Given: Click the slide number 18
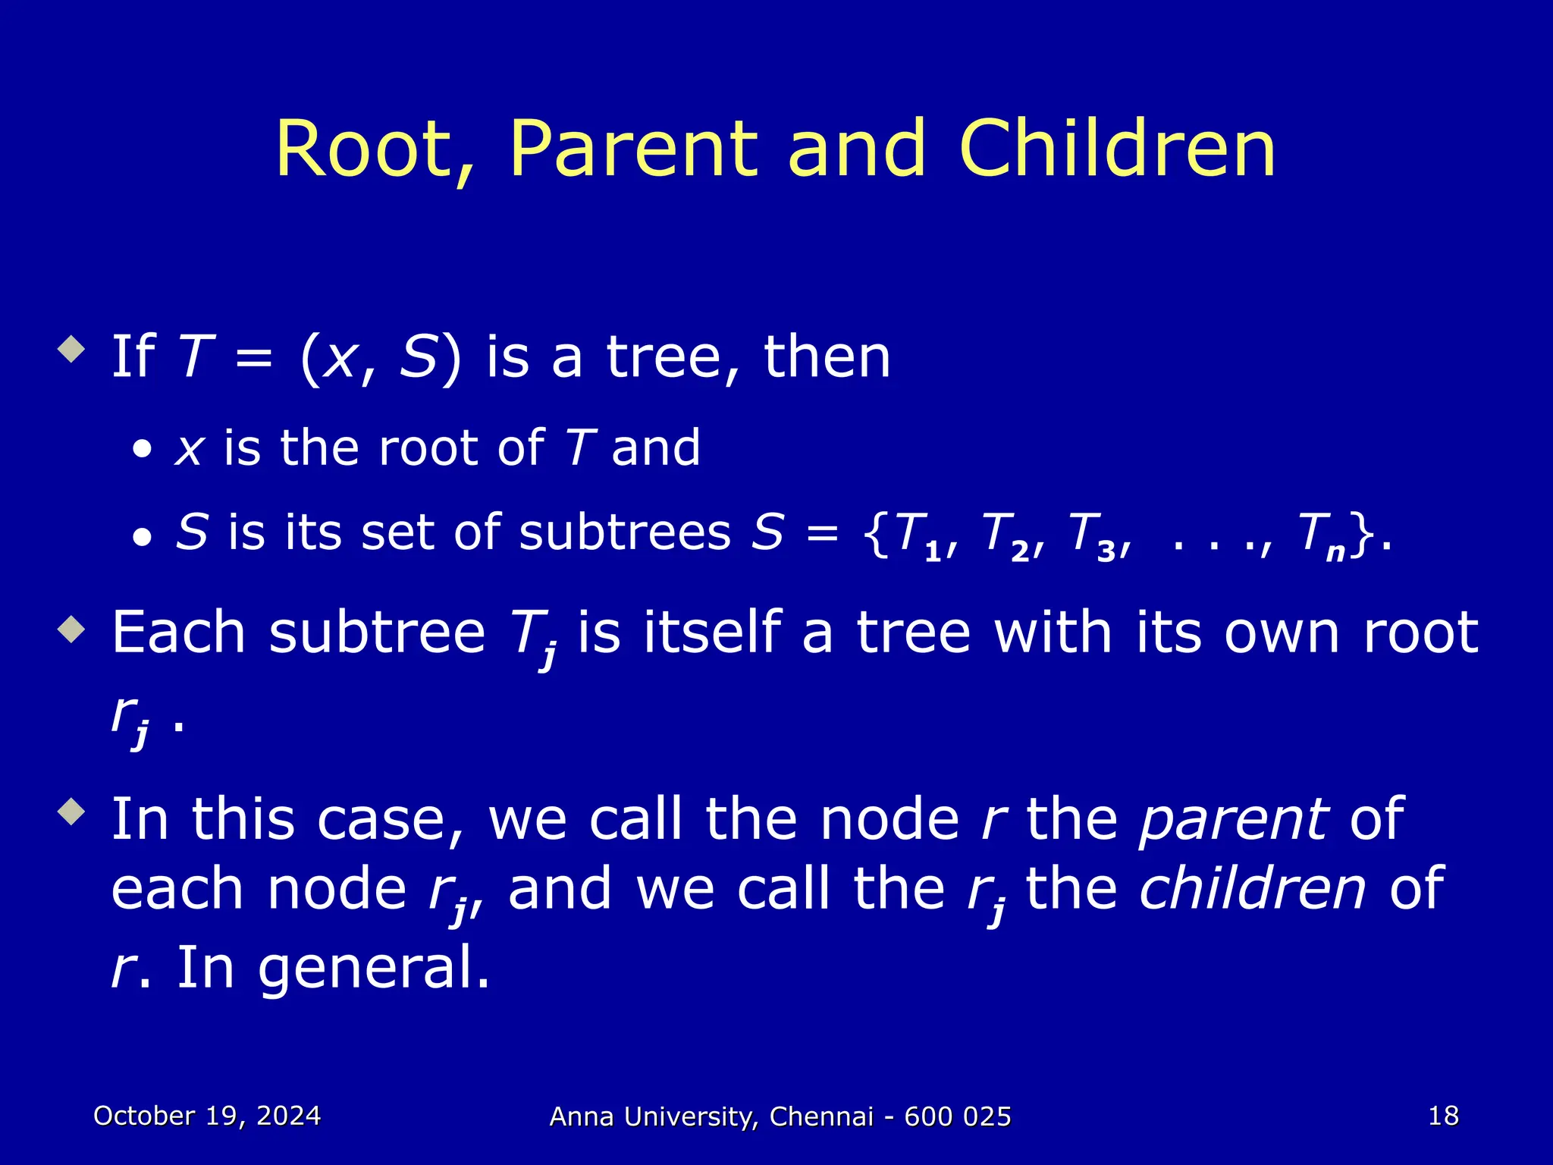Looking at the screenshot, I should click(x=1443, y=1116).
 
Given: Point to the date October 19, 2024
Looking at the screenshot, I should click(x=207, y=1116).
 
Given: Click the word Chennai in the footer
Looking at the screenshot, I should click(x=821, y=1116).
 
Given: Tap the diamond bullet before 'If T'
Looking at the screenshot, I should click(x=72, y=350).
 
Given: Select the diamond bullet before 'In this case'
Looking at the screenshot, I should click(x=72, y=813).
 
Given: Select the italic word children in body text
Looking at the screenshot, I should click(x=1252, y=889).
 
